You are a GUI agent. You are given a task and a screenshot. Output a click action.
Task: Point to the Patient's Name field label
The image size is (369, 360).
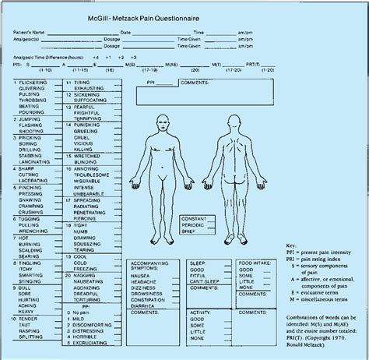pyautogui.click(x=23, y=32)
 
